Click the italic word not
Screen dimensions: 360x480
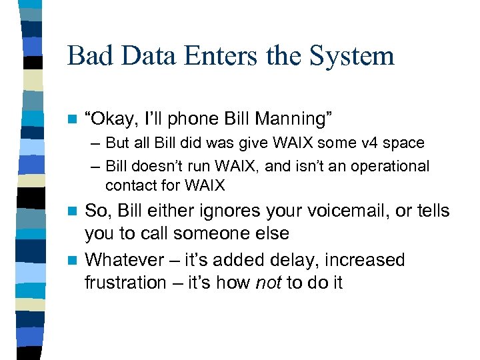[x=269, y=283]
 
